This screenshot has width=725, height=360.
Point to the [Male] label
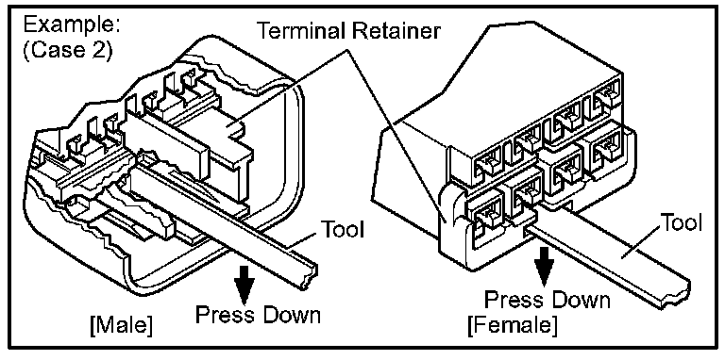coord(122,327)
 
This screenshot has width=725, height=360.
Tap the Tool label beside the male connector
coord(342,229)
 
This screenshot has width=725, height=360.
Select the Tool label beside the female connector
coord(680,223)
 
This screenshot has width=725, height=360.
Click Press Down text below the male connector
coord(258,315)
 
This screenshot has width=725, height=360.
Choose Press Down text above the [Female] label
coord(547,300)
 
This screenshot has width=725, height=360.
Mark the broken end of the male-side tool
coord(309,276)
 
